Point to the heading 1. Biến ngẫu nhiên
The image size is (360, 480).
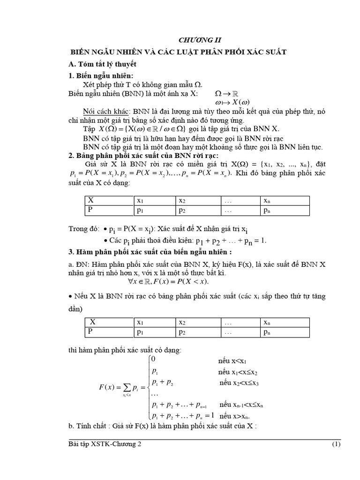101,76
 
